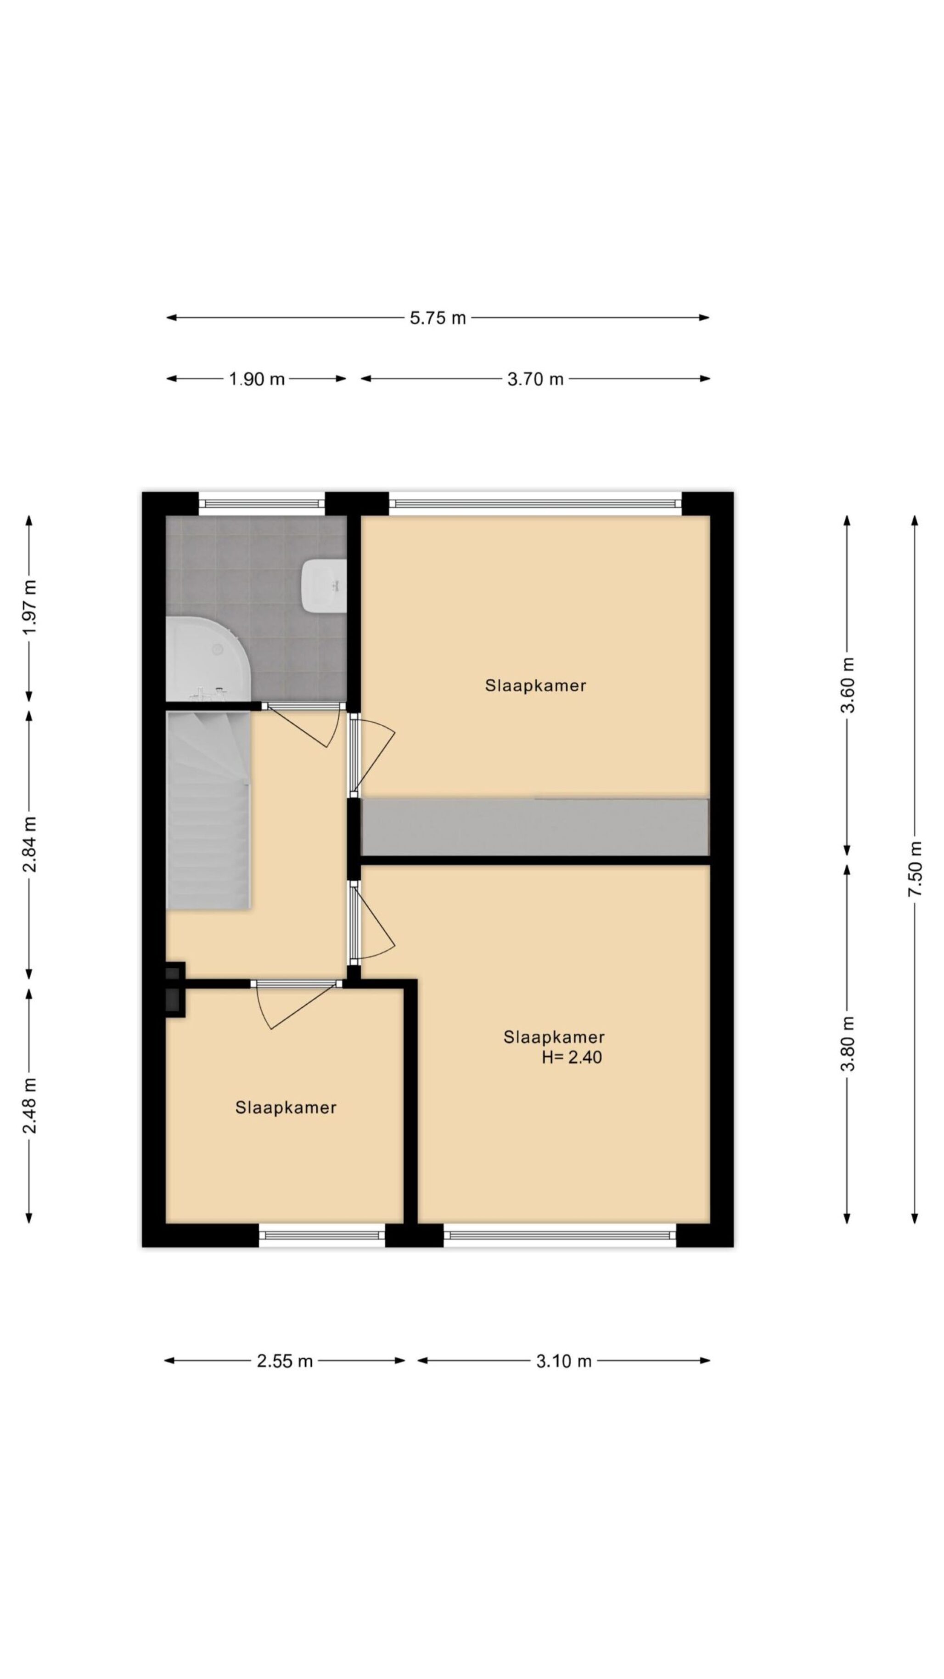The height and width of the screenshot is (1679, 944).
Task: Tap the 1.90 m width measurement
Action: (257, 379)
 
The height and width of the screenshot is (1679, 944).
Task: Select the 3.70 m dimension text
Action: (535, 379)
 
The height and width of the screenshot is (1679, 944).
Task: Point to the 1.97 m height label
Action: (30, 607)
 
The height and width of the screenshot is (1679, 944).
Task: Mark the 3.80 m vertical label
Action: (848, 1044)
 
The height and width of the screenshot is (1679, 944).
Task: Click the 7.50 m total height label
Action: (916, 869)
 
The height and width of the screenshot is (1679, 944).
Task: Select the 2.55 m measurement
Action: (285, 1361)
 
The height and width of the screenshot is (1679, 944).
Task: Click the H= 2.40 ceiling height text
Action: (572, 1057)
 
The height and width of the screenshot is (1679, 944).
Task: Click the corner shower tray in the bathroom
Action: (209, 660)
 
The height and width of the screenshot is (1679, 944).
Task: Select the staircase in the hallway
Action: (208, 809)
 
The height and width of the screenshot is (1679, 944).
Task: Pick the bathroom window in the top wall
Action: (261, 503)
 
